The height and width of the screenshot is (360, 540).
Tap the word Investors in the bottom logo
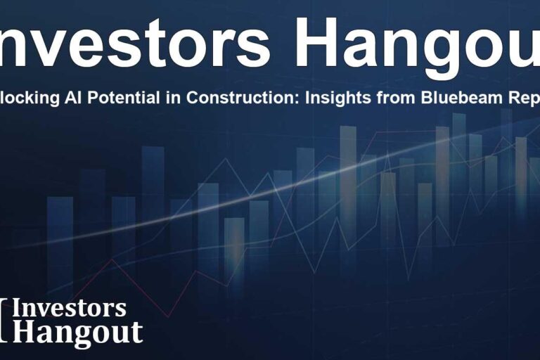[70, 308]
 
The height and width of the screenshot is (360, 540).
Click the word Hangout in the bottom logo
[77, 331]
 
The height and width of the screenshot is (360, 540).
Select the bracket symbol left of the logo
[6, 320]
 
